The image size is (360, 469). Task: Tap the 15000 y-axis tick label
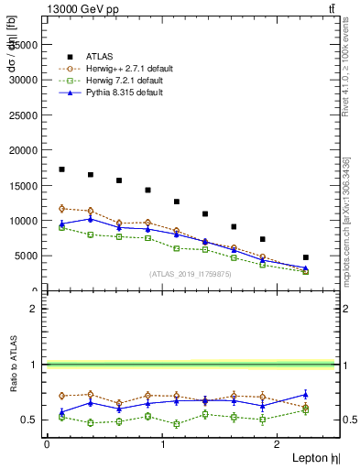tap(25, 185)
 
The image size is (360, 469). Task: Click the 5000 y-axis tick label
tap(27, 256)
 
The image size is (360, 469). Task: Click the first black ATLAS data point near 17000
tap(61, 169)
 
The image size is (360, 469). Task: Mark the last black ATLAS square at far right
tap(306, 257)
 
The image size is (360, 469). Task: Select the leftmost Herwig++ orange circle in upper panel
tap(61, 209)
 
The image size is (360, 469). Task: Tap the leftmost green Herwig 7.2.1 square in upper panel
tap(61, 227)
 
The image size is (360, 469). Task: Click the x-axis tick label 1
tap(163, 443)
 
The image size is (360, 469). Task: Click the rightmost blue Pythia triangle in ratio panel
tap(306, 395)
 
